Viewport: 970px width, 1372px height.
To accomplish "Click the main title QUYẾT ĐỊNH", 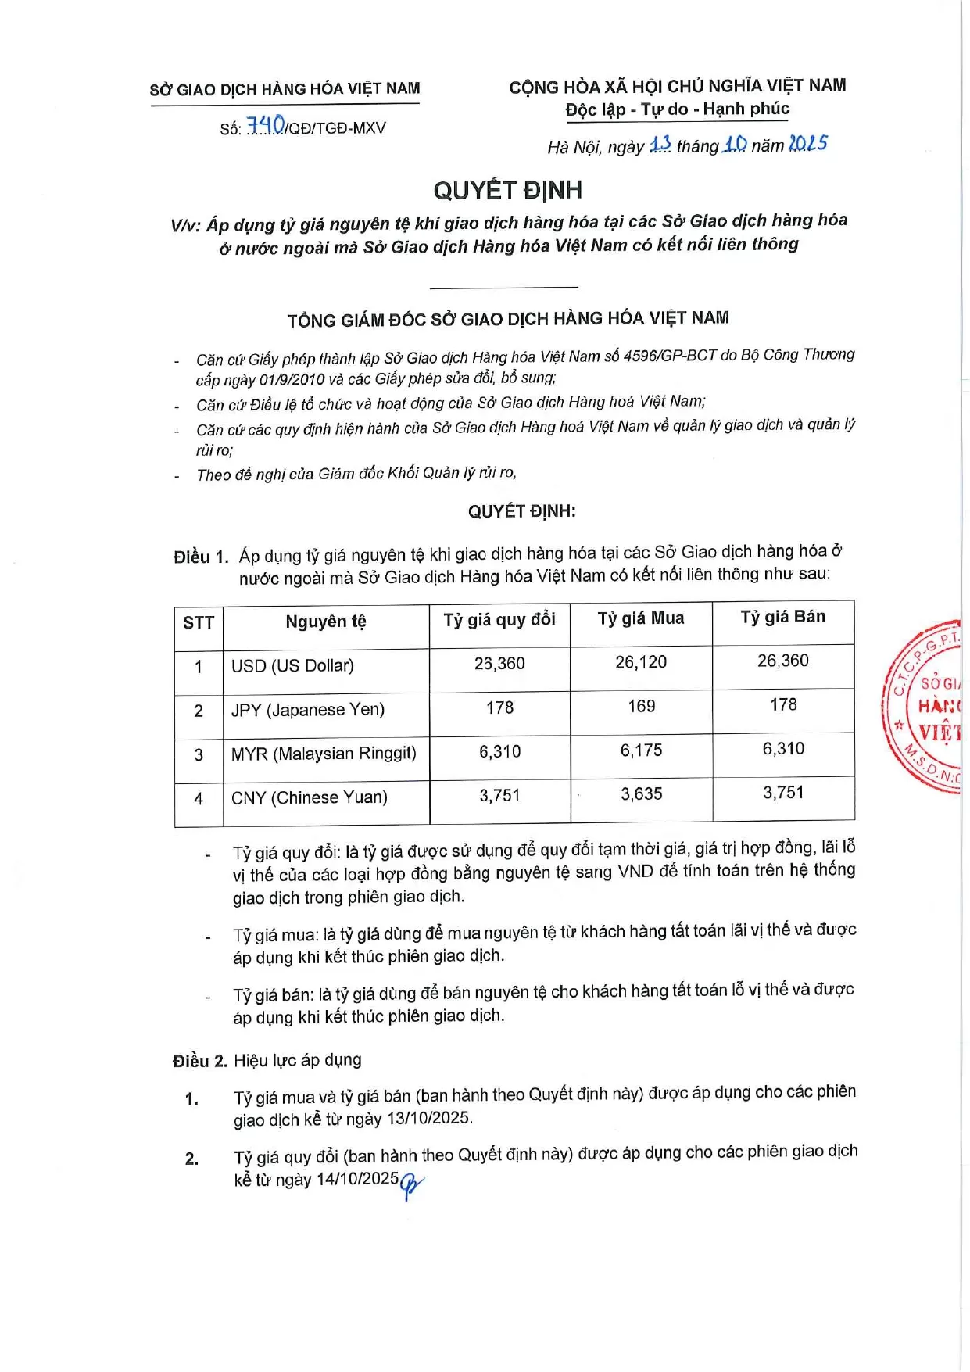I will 507,190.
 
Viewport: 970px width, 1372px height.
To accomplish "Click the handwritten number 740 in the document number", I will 266,126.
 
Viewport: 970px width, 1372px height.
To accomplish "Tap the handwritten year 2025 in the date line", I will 807,144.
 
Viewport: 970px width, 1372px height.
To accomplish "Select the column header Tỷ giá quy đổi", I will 499,620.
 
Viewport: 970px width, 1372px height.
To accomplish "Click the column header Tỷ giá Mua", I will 641,618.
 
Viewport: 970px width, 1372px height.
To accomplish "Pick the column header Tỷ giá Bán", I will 782,617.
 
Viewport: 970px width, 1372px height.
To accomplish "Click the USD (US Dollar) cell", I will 292,666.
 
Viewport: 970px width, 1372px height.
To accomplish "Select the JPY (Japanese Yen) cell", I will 308,710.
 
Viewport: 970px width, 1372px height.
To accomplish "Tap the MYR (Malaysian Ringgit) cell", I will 324,754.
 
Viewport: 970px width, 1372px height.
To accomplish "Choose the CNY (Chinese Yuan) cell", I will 310,798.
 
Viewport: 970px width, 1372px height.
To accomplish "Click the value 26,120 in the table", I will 641,662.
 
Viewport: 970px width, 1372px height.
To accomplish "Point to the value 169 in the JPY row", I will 641,707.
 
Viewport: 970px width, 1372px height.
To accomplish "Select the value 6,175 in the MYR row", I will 641,750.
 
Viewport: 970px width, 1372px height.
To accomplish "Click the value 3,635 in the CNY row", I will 641,794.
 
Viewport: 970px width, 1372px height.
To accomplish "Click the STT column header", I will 199,623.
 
